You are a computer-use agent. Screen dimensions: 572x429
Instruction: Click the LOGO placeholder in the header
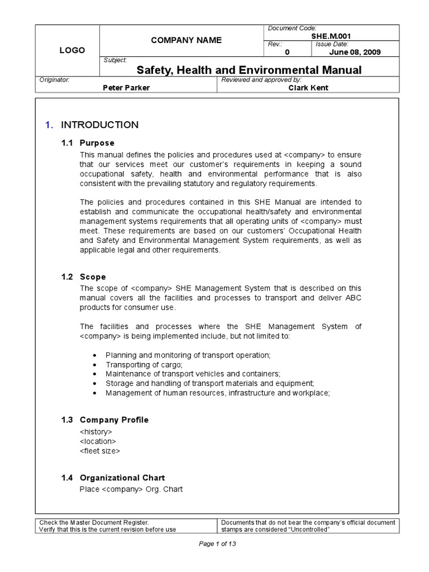click(x=72, y=50)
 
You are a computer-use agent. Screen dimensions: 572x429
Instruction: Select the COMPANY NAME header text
click(x=178, y=40)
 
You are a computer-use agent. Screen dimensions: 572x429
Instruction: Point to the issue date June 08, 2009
click(x=355, y=52)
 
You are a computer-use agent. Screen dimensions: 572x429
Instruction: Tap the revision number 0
click(x=288, y=52)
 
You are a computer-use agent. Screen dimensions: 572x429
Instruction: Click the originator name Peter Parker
click(x=126, y=88)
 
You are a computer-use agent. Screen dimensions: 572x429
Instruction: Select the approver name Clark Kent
click(x=308, y=88)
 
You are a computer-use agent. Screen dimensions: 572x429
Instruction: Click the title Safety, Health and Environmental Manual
click(x=249, y=70)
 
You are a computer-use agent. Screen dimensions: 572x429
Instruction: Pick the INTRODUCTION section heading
click(x=99, y=125)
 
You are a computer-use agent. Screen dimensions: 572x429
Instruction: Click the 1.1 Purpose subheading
click(x=88, y=143)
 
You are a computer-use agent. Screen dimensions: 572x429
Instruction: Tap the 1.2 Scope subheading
click(x=83, y=277)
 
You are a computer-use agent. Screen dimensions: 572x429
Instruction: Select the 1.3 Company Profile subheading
click(x=105, y=420)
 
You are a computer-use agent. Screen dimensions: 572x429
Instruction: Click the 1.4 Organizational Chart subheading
click(x=113, y=478)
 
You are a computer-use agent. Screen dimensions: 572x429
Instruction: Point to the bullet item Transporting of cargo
click(x=144, y=364)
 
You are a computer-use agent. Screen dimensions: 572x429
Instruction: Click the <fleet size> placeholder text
click(x=100, y=451)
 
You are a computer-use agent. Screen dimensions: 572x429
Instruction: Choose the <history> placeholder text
click(x=96, y=432)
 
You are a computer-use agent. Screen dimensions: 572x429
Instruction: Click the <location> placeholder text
click(x=98, y=441)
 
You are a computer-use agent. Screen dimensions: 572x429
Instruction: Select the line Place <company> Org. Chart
click(x=131, y=489)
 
